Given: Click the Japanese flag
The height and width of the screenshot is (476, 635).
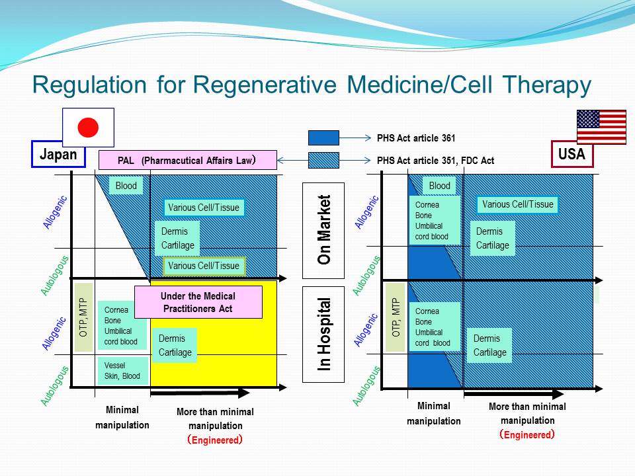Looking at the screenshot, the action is coord(88,128).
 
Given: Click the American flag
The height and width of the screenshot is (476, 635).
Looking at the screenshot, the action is coord(601,127).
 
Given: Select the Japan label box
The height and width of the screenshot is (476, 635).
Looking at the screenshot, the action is coord(58,154).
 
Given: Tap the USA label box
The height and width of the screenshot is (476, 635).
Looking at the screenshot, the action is coord(571,154).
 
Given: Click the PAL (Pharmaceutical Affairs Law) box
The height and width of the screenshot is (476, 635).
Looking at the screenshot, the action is coord(188,160).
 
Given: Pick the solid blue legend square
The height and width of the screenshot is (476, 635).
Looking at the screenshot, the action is coord(323,138).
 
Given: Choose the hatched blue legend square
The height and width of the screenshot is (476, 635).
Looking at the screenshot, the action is coord(323,160).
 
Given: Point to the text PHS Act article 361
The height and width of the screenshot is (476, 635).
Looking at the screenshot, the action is coord(416,138).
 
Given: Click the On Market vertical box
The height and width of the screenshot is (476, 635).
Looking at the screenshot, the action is coord(323,231).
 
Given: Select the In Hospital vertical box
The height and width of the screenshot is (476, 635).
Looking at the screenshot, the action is coord(323,335).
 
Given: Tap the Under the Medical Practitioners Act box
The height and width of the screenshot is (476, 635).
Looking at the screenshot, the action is coord(198,302).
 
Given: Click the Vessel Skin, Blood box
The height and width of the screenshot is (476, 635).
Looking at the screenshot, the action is coord(123,371).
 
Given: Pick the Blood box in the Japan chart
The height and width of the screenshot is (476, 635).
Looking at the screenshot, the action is coord(126,186).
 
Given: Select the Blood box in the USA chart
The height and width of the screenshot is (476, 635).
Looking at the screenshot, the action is coord(439,186).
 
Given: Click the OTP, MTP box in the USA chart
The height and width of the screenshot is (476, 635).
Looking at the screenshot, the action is coord(396,317).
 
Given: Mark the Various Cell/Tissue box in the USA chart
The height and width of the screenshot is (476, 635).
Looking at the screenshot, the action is coord(517,204).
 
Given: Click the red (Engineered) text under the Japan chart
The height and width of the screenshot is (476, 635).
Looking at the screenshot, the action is coord(215,440).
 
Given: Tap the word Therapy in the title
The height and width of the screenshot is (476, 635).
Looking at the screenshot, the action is coord(547,85).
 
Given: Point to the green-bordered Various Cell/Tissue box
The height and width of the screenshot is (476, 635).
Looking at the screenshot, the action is coord(204,266).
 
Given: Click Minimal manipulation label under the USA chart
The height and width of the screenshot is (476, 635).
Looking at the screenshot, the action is coord(434,413).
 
